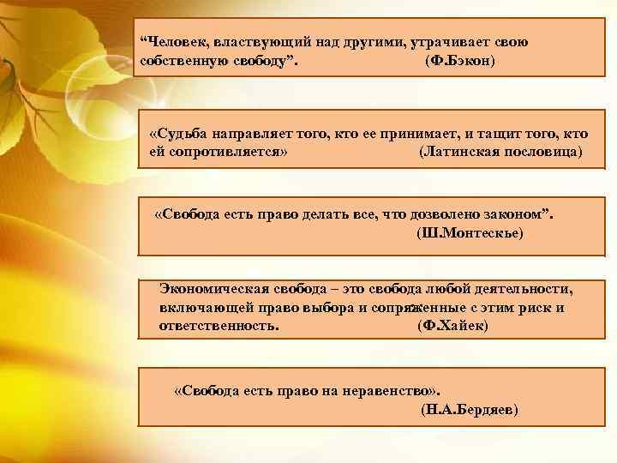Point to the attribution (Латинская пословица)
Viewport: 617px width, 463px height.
500,151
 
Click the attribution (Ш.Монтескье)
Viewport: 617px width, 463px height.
469,232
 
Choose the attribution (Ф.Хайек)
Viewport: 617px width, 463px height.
451,327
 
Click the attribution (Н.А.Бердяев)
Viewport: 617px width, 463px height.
470,410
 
